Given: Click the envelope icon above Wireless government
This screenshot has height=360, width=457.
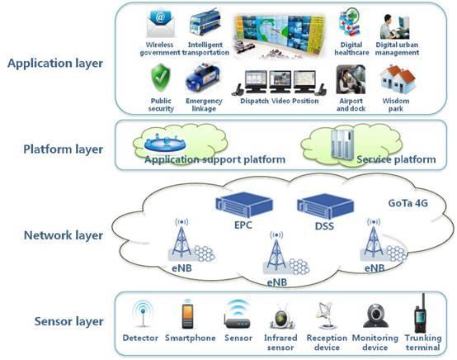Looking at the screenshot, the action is [161, 24].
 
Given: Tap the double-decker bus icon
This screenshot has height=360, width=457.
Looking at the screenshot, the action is [205, 23].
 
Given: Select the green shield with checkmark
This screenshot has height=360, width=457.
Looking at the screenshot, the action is [161, 78].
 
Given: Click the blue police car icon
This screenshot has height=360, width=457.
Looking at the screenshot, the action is [203, 78].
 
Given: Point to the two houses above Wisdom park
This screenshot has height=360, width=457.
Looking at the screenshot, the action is [398, 78].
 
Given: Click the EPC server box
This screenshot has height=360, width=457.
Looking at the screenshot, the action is [244, 205].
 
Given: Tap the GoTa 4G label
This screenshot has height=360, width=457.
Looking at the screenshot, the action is [408, 203].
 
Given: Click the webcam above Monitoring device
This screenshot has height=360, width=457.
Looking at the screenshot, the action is [375, 315].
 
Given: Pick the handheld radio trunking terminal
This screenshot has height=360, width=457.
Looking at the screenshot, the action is [421, 313].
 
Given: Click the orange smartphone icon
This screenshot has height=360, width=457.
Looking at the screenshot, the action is [187, 315].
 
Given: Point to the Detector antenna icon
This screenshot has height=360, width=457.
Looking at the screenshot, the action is [143, 314].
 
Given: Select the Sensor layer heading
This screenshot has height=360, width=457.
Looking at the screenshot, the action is [68, 321].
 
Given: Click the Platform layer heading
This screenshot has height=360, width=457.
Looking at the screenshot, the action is [63, 149].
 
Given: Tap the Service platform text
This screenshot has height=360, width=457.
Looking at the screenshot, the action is [397, 159].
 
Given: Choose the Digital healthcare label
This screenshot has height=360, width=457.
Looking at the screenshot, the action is [351, 49].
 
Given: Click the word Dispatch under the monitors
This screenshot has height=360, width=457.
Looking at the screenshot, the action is [254, 101].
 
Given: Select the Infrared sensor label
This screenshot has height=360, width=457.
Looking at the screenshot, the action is [280, 343].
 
